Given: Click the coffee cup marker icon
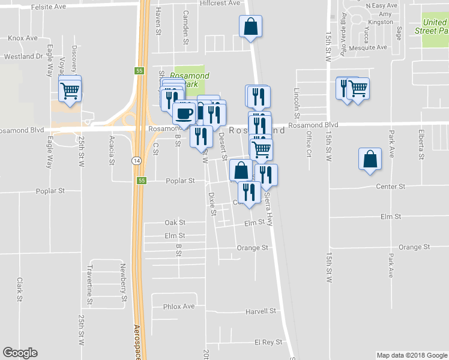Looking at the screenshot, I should click(x=184, y=112).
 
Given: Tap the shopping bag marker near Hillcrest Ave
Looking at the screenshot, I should click(x=250, y=26).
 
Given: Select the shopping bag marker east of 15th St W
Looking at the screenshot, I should click(x=370, y=160).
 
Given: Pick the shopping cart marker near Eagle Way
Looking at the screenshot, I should click(x=70, y=92).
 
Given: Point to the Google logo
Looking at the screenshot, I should click(x=20, y=352).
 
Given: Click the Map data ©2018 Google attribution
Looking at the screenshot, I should click(x=411, y=355).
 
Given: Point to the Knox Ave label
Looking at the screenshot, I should click(x=23, y=38).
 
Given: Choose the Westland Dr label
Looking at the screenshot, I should click(x=23, y=56).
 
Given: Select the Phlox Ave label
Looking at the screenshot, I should click(x=179, y=306).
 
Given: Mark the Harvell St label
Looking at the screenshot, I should click(x=261, y=311).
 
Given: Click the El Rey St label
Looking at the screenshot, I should click(x=268, y=342).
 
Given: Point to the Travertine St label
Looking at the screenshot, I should click(x=89, y=275).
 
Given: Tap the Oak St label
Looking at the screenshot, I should click(x=175, y=223).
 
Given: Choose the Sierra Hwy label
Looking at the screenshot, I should click(x=269, y=208).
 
